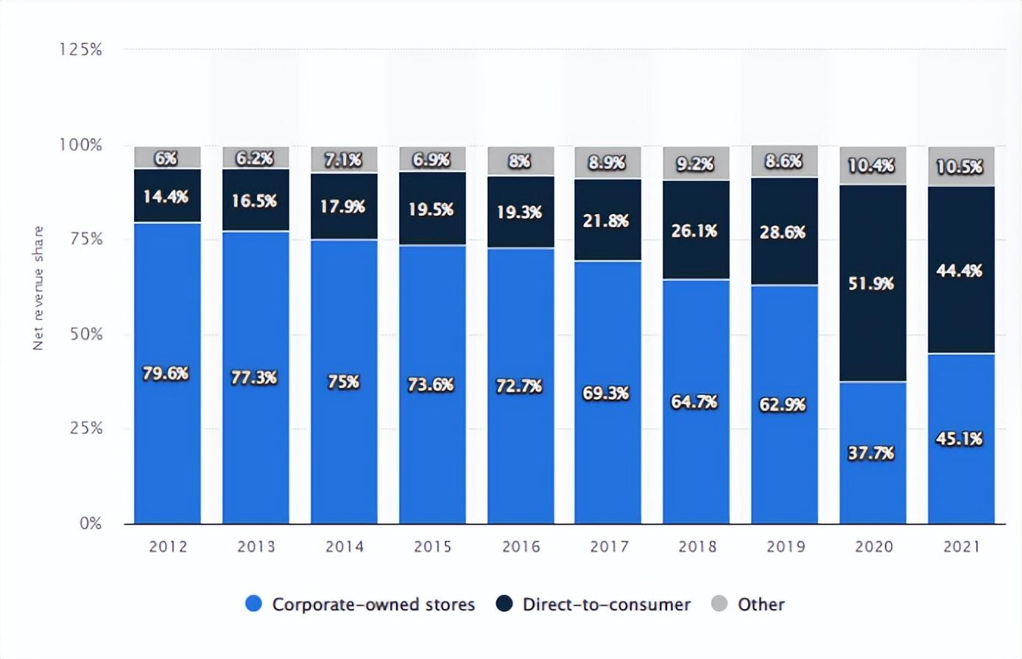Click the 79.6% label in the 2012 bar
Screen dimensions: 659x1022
166,374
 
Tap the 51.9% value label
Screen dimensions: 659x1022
871,283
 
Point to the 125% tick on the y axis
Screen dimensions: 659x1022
80,49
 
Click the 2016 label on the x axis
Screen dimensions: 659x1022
521,546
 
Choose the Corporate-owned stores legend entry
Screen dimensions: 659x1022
360,604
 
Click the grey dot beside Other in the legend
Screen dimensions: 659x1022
719,604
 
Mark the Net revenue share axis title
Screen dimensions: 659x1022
38,288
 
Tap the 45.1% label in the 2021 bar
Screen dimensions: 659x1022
959,438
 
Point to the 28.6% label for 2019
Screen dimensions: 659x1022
783,232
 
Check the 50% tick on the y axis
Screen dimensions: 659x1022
86,334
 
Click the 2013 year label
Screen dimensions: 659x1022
256,546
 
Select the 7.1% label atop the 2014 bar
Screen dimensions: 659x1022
344,160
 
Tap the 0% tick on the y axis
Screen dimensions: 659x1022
91,524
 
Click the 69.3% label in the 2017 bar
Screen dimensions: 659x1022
606,393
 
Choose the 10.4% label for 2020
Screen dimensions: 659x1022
871,165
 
